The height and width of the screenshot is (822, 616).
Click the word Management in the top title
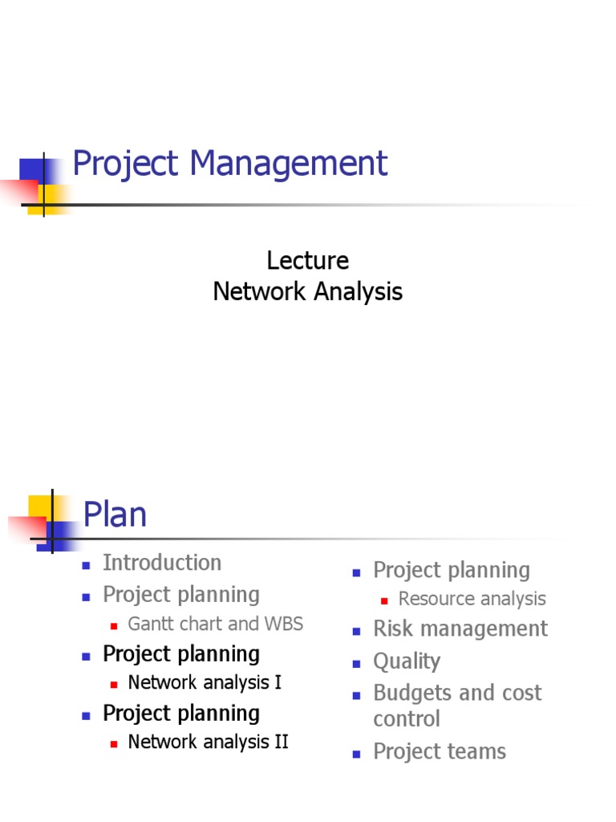click(289, 164)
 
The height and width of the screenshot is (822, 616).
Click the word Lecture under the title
click(308, 261)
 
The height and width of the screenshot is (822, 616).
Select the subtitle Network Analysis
click(308, 291)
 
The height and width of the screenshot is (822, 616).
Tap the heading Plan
click(115, 515)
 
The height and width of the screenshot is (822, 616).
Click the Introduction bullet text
click(162, 563)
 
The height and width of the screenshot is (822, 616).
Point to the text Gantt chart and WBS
click(216, 624)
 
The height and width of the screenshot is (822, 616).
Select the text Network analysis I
click(205, 683)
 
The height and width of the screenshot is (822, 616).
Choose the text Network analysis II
click(208, 742)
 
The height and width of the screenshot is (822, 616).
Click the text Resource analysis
click(472, 599)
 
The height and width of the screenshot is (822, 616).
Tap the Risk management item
click(460, 629)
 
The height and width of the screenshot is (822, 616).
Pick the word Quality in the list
click(407, 661)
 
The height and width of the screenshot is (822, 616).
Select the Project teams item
click(440, 751)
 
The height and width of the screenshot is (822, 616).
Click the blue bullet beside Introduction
click(86, 565)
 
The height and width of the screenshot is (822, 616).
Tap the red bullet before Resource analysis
click(384, 600)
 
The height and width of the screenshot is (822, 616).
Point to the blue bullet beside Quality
click(357, 664)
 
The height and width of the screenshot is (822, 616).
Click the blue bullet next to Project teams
click(357, 754)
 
